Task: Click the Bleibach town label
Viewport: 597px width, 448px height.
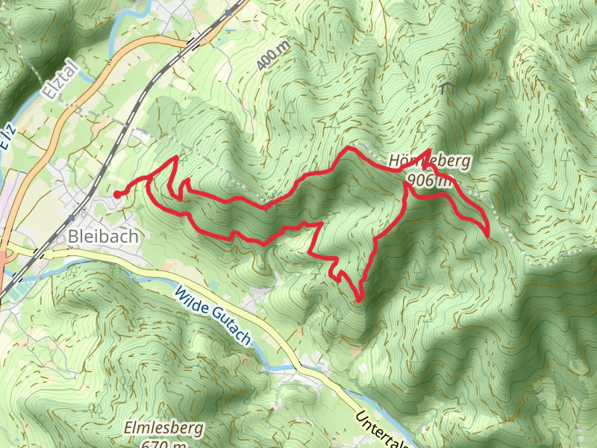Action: click(103, 236)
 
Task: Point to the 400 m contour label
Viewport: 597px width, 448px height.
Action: click(272, 57)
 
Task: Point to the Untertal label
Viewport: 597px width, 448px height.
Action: click(381, 429)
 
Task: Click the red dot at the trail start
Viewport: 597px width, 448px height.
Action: click(118, 195)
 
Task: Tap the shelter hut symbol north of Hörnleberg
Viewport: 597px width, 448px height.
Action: click(448, 88)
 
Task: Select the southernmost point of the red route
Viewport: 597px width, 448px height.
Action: click(360, 301)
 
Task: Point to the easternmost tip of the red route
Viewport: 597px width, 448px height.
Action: click(488, 234)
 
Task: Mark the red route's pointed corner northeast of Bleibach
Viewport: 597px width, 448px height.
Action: click(176, 158)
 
